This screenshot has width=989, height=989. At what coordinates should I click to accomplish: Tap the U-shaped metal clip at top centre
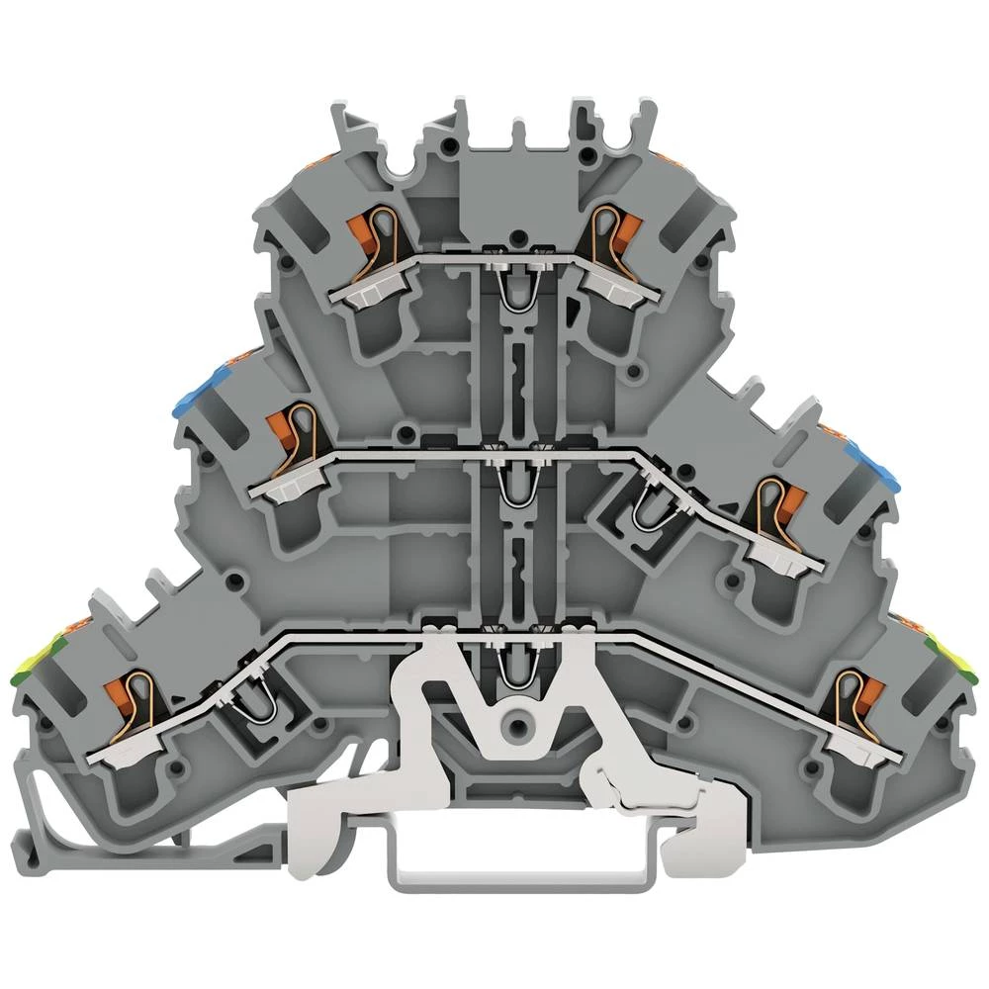[513, 287]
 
